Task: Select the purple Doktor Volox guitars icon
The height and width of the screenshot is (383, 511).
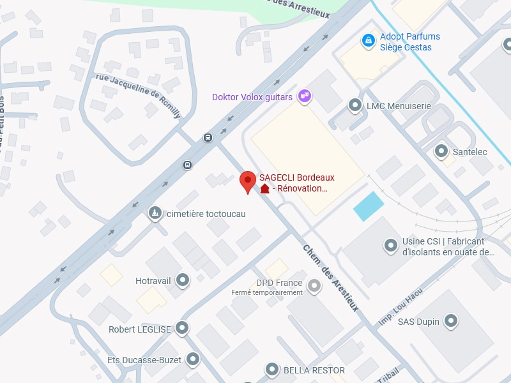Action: click(x=305, y=96)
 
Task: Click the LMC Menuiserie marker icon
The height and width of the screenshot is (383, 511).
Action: click(x=355, y=105)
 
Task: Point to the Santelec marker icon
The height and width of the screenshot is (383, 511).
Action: click(x=441, y=151)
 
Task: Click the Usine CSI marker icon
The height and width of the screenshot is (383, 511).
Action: click(x=390, y=245)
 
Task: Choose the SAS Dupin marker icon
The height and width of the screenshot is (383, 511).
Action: click(x=452, y=321)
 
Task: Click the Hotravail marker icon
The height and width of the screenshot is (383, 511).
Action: click(x=183, y=280)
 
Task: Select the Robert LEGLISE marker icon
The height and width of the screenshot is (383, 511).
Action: click(x=183, y=329)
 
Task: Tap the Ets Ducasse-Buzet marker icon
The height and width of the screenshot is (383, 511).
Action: click(x=193, y=360)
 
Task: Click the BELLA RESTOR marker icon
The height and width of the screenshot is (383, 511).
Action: click(x=273, y=370)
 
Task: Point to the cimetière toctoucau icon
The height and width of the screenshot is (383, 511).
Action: click(x=155, y=213)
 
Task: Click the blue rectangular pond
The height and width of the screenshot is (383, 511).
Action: click(x=369, y=206)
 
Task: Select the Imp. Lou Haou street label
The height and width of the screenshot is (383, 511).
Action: click(x=400, y=307)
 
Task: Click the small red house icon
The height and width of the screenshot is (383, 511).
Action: click(x=264, y=188)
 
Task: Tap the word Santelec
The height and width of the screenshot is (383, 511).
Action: click(x=469, y=152)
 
